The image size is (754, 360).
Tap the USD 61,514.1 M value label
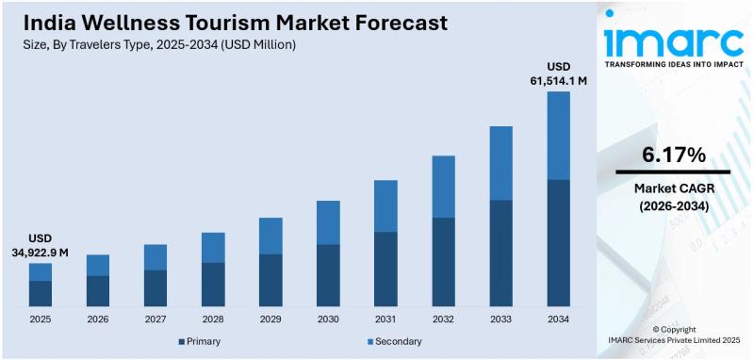(x=560, y=74)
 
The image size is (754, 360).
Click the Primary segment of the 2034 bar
(x=559, y=242)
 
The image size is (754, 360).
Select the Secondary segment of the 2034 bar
(x=559, y=135)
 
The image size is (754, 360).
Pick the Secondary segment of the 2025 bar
(x=41, y=271)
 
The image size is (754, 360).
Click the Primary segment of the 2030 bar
(x=328, y=275)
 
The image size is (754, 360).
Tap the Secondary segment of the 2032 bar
(x=444, y=187)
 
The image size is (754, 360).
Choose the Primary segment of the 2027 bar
(x=156, y=287)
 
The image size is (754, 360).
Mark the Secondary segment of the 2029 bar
(x=270, y=236)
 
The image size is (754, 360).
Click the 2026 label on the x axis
(x=98, y=319)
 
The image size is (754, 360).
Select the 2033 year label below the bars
(x=501, y=319)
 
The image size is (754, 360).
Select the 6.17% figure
(x=673, y=154)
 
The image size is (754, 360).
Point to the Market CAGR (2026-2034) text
(x=673, y=196)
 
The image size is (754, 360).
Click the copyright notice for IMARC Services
(x=672, y=335)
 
